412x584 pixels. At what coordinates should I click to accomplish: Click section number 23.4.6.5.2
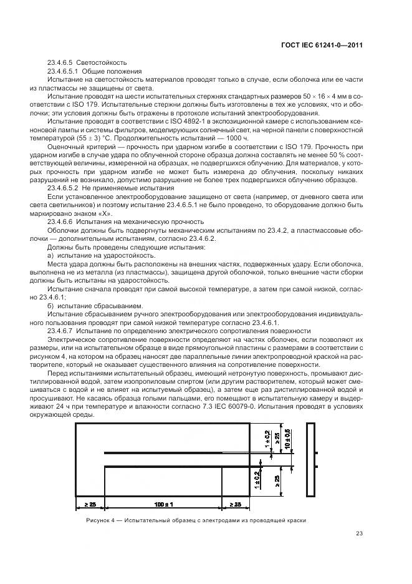65,188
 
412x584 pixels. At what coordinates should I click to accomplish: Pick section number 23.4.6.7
61,330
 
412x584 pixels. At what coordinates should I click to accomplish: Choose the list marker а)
50,256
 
